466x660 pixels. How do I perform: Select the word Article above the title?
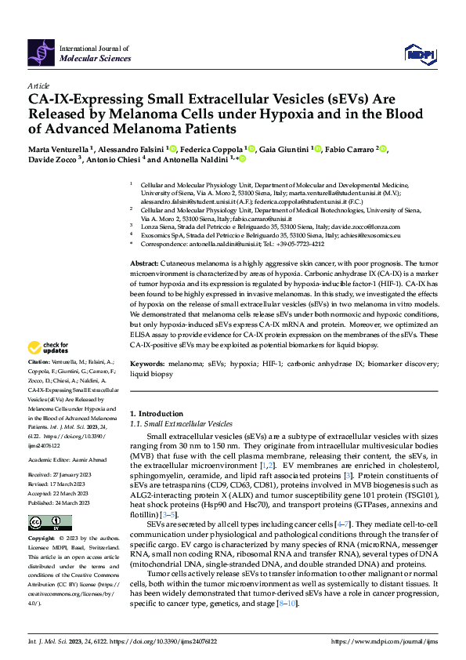(38, 85)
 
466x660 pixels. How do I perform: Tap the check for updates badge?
(49, 348)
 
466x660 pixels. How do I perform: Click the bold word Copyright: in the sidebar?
(42, 540)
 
